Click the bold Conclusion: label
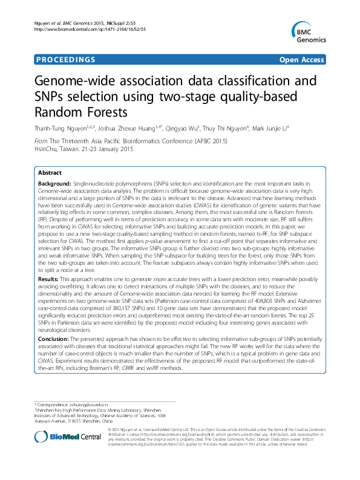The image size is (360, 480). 56,340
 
